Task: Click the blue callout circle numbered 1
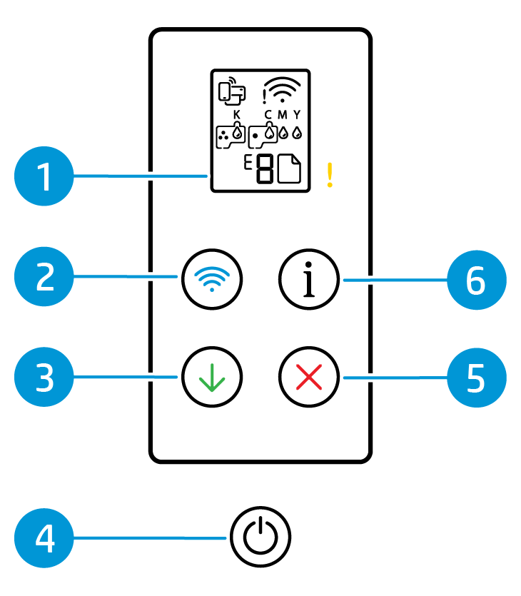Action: pos(44,176)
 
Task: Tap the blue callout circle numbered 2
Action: pos(44,278)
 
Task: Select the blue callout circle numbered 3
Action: pos(44,378)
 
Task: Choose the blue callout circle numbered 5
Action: pos(476,378)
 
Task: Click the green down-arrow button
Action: pos(212,376)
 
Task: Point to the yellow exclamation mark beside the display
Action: pos(330,175)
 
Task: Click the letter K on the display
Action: pos(237,114)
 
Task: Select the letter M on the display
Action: pos(283,114)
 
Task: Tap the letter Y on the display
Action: pos(297,114)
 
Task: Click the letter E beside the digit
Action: pos(248,163)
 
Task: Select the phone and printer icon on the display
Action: pos(231,90)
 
